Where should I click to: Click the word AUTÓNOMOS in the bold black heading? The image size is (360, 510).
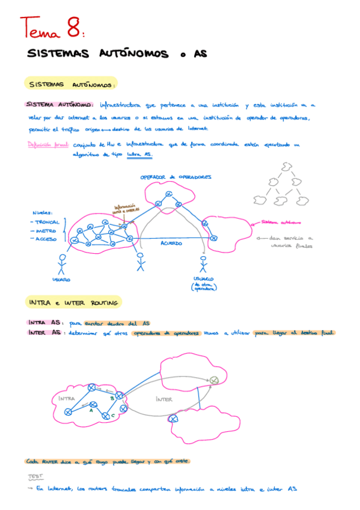pyautogui.click(x=132, y=54)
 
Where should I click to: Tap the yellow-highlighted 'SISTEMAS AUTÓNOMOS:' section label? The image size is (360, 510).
pyautogui.click(x=72, y=84)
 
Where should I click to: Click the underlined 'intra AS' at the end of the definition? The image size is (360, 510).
pyautogui.click(x=140, y=155)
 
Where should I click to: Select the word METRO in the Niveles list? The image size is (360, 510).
pyautogui.click(x=45, y=230)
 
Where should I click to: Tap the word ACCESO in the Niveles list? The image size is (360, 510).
pyautogui.click(x=46, y=239)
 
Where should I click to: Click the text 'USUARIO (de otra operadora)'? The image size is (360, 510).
pyautogui.click(x=203, y=283)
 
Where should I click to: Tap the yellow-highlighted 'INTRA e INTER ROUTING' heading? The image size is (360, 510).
pyautogui.click(x=73, y=302)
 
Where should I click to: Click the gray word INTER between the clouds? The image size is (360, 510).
pyautogui.click(x=163, y=399)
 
